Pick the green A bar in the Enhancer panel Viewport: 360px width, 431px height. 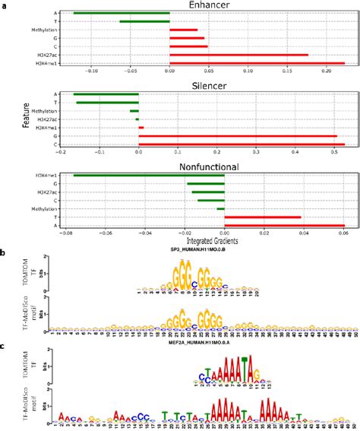[122, 13]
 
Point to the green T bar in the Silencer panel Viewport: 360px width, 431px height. [107, 103]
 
